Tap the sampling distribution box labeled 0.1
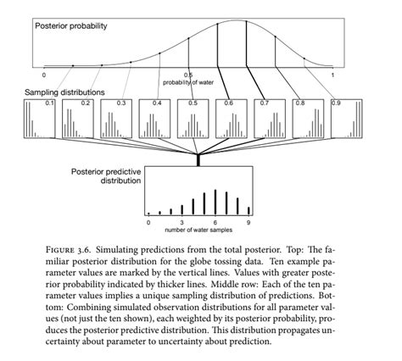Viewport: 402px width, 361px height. [39, 117]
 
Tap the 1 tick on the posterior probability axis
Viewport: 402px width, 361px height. [332, 75]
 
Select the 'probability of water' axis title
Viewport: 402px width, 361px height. [189, 83]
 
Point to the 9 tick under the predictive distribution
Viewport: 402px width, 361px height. [248, 222]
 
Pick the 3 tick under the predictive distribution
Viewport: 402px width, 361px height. [181, 222]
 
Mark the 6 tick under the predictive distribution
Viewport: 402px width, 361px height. [215, 222]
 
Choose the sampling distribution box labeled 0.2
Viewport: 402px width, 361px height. [76, 117]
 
